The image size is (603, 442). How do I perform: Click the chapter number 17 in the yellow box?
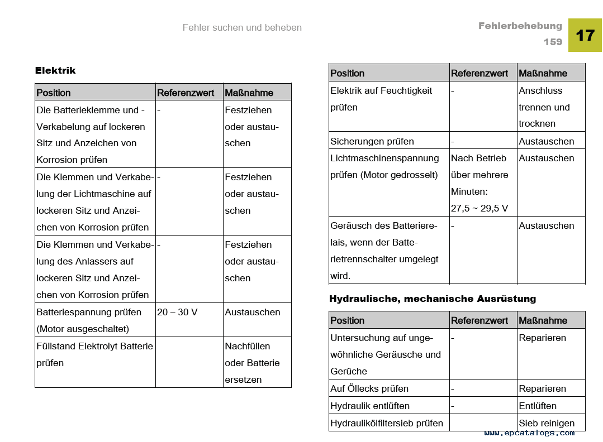[x=585, y=35]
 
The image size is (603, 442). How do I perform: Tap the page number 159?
[x=553, y=42]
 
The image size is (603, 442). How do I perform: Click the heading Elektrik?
[x=55, y=70]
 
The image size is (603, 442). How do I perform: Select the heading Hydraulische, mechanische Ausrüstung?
[x=433, y=299]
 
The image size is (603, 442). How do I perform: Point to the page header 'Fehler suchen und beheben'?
[x=242, y=27]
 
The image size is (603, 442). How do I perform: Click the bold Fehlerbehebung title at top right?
[x=520, y=26]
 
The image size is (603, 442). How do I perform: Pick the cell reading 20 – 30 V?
[x=177, y=312]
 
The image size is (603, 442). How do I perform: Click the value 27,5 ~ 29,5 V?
[x=479, y=208]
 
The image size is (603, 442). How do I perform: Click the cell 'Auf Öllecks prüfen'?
[x=369, y=388]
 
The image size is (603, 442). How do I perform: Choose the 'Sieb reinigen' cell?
[x=547, y=423]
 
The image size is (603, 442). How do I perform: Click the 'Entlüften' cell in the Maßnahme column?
[x=538, y=406]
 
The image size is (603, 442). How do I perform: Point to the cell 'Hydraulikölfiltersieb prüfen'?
[x=387, y=423]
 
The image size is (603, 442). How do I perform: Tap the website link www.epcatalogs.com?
[x=529, y=433]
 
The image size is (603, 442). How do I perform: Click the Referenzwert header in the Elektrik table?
[x=186, y=93]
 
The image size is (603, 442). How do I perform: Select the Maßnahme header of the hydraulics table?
[x=543, y=320]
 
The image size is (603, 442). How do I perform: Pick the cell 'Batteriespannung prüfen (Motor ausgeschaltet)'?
[x=89, y=320]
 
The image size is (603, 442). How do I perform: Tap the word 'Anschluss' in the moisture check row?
[x=540, y=90]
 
